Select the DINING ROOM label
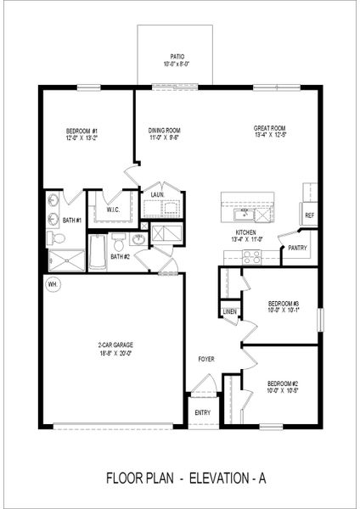tap(165, 130)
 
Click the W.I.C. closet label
tap(114, 210)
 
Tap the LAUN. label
tap(157, 194)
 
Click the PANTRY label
tap(297, 248)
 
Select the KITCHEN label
tap(245, 232)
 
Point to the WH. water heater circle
tap(52, 283)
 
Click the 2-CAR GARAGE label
tap(113, 344)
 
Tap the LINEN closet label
tap(229, 311)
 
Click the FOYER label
tap(205, 359)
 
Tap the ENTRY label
tap(202, 412)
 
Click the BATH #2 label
tap(120, 256)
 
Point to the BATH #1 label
tap(71, 221)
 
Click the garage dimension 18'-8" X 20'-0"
tap(113, 352)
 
